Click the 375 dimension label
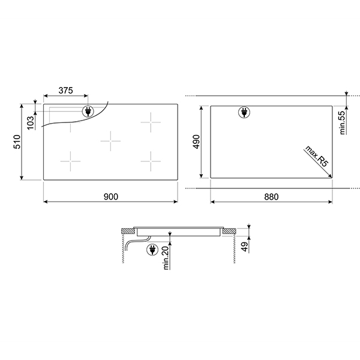65,91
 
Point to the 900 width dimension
110,197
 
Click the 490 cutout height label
196,142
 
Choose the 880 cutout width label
271,197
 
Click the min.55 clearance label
343,122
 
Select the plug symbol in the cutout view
245,112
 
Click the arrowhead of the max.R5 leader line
329,175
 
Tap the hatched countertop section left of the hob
127,232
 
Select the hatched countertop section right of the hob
229,232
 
